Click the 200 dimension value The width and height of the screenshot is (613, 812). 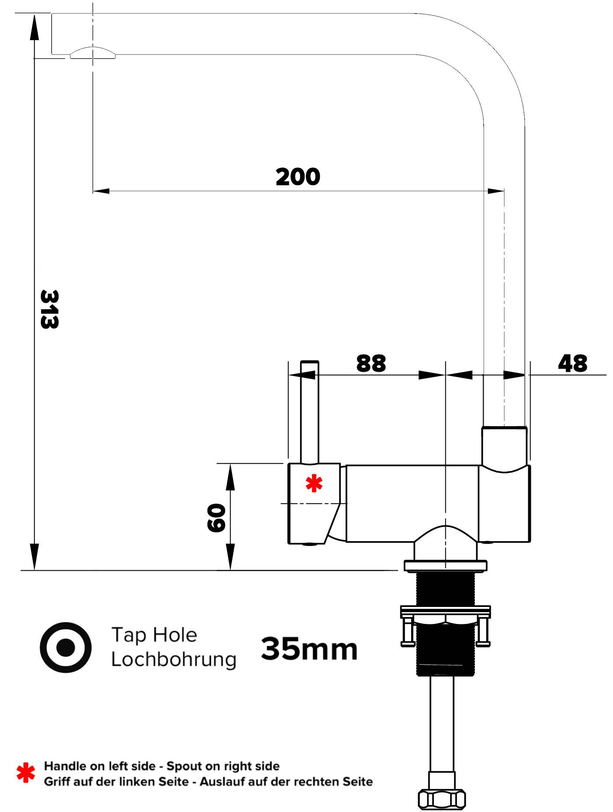[x=298, y=177]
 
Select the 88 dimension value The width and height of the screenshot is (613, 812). [x=371, y=363]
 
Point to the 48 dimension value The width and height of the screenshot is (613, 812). [x=572, y=363]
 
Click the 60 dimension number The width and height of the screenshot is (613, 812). [x=216, y=518]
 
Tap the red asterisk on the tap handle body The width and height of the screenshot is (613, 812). [x=314, y=483]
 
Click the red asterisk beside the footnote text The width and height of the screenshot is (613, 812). [x=26, y=773]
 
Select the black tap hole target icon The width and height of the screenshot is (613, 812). [x=66, y=647]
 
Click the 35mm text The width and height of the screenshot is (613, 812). [x=309, y=649]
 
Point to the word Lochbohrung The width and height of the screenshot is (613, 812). [x=173, y=659]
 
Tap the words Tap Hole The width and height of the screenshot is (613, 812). [x=154, y=635]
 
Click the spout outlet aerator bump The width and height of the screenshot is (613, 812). [x=93, y=53]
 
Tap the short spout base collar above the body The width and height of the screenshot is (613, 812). [x=504, y=446]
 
